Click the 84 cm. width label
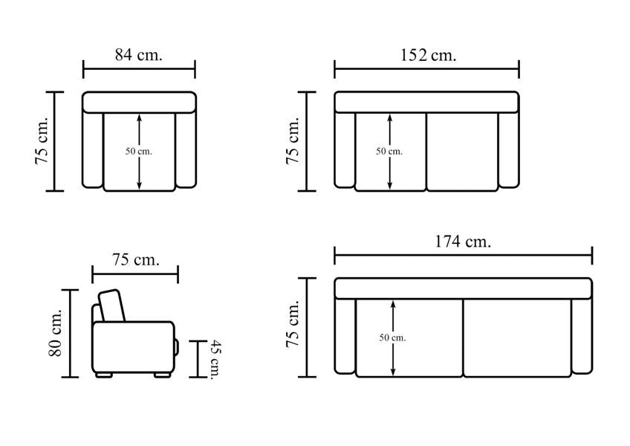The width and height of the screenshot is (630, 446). pyautogui.click(x=139, y=55)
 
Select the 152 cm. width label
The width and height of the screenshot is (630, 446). pyautogui.click(x=429, y=55)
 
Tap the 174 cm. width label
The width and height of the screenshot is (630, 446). pyautogui.click(x=463, y=242)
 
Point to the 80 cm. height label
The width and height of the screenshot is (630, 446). pyautogui.click(x=56, y=332)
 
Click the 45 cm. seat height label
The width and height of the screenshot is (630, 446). pyautogui.click(x=217, y=360)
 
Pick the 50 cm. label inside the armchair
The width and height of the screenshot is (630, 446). pyautogui.click(x=139, y=151)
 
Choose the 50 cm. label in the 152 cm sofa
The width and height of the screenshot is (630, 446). pyautogui.click(x=389, y=151)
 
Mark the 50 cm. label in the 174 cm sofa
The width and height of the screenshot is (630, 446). pyautogui.click(x=392, y=337)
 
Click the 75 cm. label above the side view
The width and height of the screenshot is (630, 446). pyautogui.click(x=136, y=260)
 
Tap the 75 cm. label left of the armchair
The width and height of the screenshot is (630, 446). pyautogui.click(x=42, y=140)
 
